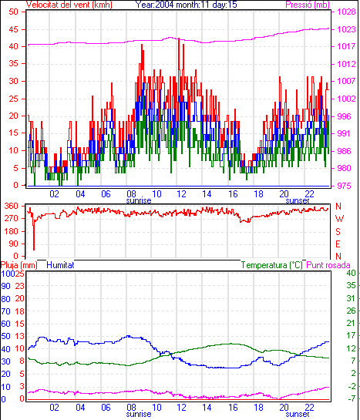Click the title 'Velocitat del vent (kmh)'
click(69, 5)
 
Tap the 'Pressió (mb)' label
click(308, 5)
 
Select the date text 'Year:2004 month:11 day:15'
click(186, 5)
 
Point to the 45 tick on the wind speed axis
click(13, 29)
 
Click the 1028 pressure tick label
click(346, 12)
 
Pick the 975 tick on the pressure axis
click(344, 186)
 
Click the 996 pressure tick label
click(344, 116)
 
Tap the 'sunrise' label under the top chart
click(139, 200)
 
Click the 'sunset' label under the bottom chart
click(298, 414)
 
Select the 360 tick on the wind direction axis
click(11, 206)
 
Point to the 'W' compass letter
click(339, 219)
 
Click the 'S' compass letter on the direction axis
click(338, 231)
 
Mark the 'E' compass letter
click(338, 244)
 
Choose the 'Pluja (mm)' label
click(19, 265)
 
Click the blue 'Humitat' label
click(60, 265)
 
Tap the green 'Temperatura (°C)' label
click(271, 265)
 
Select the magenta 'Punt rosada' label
click(328, 265)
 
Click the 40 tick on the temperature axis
click(351, 273)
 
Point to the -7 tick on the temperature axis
click(352, 398)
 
